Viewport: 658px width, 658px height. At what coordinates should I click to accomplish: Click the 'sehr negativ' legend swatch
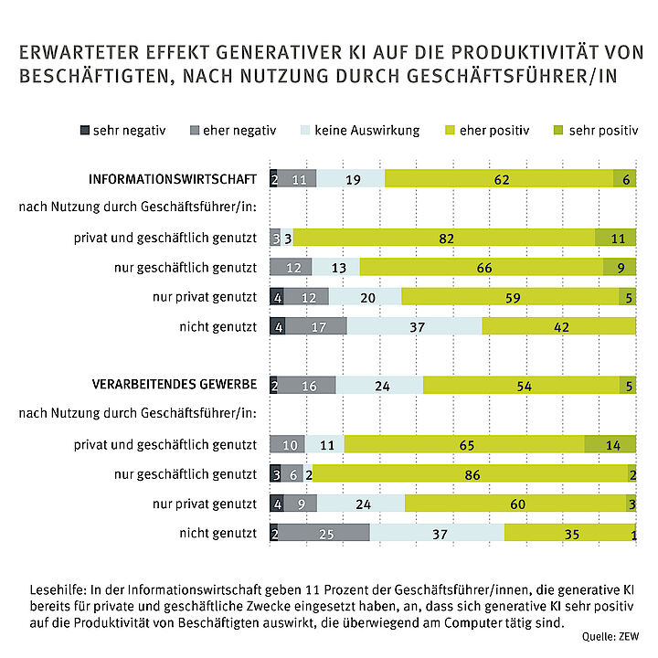[x=87, y=131]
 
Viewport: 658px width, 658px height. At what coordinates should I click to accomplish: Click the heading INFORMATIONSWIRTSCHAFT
[x=171, y=179]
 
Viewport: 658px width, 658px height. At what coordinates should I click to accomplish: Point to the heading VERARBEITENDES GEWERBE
[x=171, y=384]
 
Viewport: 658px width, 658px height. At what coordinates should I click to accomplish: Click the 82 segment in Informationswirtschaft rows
[x=444, y=238]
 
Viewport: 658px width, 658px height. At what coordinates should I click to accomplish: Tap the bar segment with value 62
[x=499, y=179]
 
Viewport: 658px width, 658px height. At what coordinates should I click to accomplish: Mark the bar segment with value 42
[x=558, y=326]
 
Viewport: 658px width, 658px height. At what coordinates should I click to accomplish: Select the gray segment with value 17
[x=315, y=326]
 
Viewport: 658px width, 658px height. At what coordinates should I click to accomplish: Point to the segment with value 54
[x=521, y=385]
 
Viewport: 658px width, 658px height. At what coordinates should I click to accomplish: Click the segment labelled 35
[x=568, y=532]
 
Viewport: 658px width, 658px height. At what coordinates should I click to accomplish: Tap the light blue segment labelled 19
[x=351, y=179]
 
